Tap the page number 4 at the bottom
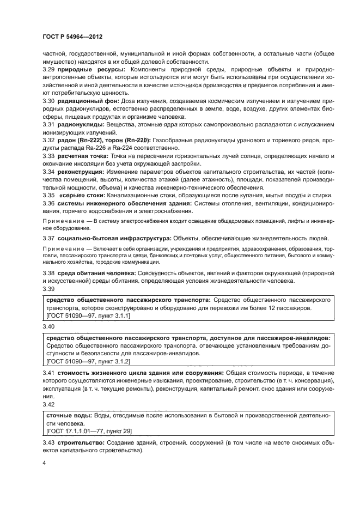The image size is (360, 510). [44, 463]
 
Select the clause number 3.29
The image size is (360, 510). [49, 70]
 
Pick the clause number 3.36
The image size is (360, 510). [49, 204]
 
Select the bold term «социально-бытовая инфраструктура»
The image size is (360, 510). [113, 239]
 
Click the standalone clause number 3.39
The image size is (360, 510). [49, 289]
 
